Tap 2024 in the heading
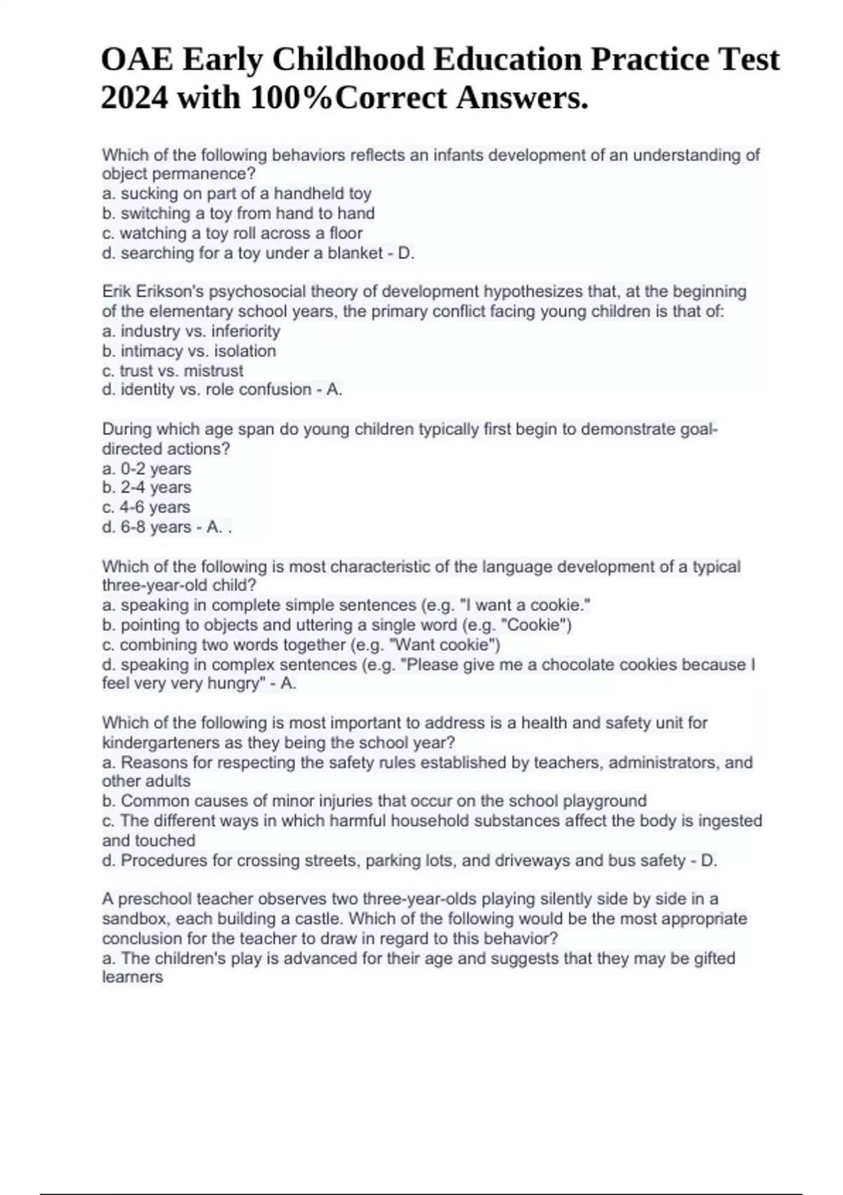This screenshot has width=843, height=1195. coord(135,98)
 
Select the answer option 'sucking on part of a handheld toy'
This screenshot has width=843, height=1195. coord(237,194)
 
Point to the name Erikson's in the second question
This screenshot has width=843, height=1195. coord(167,292)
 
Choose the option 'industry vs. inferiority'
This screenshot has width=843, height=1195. coord(191,331)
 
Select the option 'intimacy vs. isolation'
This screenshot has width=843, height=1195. coord(189,351)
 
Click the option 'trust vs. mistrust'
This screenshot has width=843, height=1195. coord(173,370)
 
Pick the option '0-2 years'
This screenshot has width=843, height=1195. coord(147,469)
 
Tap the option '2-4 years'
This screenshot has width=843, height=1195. coord(147,488)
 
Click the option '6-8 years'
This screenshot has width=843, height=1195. coord(147,527)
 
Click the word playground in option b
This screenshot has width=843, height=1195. coord(605,801)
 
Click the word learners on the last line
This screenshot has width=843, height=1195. coord(132,977)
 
